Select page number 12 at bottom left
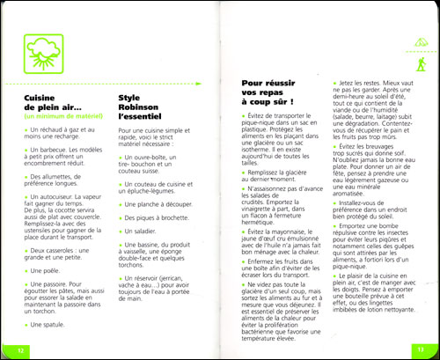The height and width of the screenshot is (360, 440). point(18,350)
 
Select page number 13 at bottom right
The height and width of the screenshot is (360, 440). point(421,350)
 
